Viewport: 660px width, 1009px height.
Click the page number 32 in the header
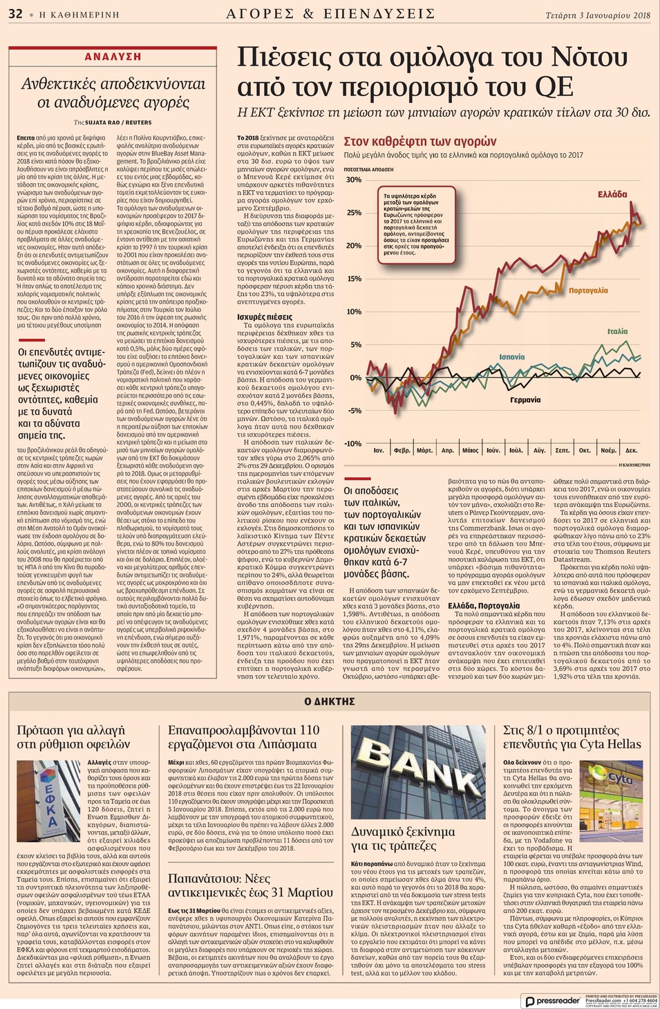(15, 14)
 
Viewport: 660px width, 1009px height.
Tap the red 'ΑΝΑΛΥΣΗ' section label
(113, 57)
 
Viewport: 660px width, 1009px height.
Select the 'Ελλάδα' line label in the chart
(612, 194)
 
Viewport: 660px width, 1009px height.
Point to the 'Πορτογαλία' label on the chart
(588, 290)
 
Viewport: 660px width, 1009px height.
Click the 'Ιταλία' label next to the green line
(617, 331)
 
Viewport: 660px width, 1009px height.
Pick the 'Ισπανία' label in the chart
(511, 357)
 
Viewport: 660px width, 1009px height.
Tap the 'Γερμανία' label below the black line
(525, 400)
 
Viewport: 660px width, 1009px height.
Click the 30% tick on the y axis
(353, 180)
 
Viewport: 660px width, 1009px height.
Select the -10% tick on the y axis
(352, 443)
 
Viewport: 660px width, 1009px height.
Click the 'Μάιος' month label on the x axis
(470, 450)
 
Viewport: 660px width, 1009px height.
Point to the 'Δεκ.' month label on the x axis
(631, 450)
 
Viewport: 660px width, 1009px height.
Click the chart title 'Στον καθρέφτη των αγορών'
(420, 142)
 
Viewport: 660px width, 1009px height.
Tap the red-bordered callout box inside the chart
(416, 224)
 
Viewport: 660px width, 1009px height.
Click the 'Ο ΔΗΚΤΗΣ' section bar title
(330, 701)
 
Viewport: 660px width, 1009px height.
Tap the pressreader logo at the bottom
(551, 1001)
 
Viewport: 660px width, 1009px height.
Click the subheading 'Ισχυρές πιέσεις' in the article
(265, 317)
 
